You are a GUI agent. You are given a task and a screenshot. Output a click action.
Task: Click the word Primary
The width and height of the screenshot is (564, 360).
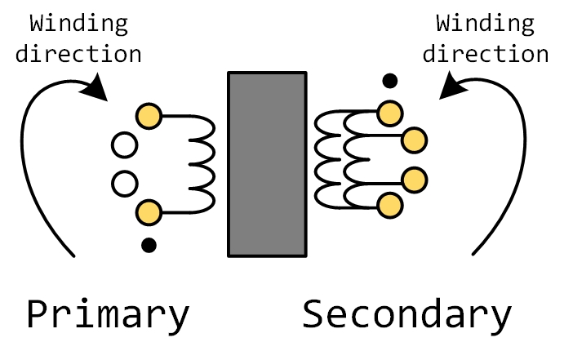(108, 314)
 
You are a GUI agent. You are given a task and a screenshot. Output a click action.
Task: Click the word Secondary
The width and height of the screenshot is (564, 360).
(407, 314)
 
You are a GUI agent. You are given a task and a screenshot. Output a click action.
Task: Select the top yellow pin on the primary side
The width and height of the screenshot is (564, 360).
(148, 114)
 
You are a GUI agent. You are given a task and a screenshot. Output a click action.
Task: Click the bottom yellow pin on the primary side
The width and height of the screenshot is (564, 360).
(148, 213)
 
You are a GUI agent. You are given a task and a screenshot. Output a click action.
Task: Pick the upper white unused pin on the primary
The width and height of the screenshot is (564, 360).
(124, 147)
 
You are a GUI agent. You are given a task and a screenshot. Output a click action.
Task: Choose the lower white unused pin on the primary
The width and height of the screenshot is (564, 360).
(124, 181)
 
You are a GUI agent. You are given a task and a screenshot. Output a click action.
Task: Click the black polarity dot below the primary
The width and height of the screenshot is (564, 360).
(148, 243)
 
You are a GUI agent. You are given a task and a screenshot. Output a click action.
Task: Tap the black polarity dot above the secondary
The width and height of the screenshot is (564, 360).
(391, 80)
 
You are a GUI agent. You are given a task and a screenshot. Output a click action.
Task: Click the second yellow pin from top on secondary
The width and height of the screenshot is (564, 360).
(414, 140)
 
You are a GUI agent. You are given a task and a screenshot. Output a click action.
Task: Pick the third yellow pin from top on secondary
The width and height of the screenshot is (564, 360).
(414, 178)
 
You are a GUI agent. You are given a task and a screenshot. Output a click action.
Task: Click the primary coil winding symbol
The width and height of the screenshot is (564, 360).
(200, 164)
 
